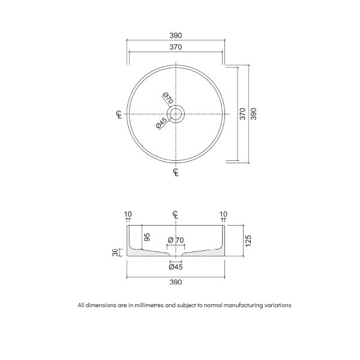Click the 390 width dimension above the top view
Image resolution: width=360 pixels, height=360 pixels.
(x=176, y=35)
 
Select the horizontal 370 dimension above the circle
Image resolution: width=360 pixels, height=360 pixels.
(x=176, y=47)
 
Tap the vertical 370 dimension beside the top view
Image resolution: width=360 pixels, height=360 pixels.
(x=242, y=114)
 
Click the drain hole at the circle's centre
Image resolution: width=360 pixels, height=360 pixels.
(x=176, y=114)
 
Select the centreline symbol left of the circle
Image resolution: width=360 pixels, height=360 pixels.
(x=118, y=114)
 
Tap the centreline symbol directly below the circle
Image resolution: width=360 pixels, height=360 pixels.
(x=176, y=172)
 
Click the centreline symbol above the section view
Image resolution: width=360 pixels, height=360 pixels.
(x=176, y=215)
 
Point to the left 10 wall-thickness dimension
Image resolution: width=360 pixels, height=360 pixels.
(x=127, y=214)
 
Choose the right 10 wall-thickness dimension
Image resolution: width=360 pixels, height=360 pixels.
(x=224, y=214)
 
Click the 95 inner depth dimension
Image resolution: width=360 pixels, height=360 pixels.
(x=146, y=238)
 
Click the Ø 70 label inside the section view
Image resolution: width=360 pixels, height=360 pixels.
(x=176, y=241)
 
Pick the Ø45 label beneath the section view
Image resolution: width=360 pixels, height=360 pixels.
(x=176, y=266)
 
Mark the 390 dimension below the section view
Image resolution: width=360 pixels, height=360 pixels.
(x=176, y=281)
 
